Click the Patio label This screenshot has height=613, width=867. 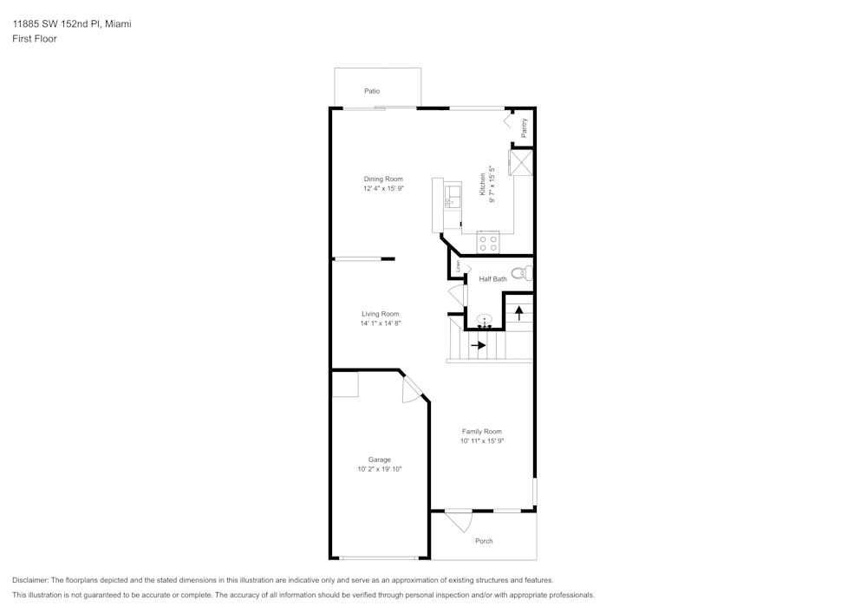[372, 91]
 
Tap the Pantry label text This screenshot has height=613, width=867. [525, 127]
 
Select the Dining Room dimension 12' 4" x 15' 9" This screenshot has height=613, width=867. [383, 187]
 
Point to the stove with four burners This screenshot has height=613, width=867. [488, 243]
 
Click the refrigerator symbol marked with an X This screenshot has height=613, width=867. [520, 162]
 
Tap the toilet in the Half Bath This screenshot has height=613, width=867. [520, 274]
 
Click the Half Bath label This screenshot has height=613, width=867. [492, 279]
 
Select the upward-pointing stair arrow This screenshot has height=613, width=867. [519, 311]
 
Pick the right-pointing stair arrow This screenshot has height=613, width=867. [478, 345]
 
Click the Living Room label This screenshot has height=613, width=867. [380, 314]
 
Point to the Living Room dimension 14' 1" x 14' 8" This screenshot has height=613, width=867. [380, 323]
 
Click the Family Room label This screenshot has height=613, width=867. [481, 432]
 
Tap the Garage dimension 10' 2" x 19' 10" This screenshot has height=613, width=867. [380, 469]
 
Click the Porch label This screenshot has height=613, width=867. [484, 541]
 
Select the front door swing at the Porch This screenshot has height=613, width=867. [460, 520]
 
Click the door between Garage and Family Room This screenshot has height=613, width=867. [413, 389]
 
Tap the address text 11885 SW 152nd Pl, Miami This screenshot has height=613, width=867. [72, 24]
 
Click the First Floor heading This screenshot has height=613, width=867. [35, 39]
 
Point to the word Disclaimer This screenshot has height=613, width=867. [30, 580]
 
